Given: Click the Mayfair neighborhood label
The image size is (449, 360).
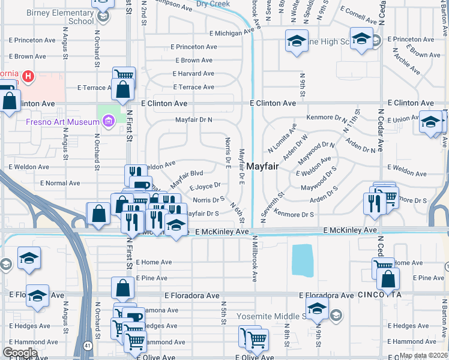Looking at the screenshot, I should pos(262,166).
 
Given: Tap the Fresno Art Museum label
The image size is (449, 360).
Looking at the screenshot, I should pos(54,122).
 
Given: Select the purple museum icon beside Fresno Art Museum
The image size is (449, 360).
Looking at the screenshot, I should pos(108,122).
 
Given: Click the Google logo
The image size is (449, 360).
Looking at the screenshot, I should pos(19,353).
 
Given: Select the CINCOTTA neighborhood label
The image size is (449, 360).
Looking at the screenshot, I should pos(379,295).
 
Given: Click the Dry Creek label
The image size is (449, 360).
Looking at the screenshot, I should pos(212,4).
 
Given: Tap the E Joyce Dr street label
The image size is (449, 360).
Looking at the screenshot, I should pos(206,186).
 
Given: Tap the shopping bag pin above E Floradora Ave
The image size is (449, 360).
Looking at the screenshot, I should pos(122,289).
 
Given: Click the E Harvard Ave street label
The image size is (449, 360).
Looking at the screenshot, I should pos(193,74).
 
